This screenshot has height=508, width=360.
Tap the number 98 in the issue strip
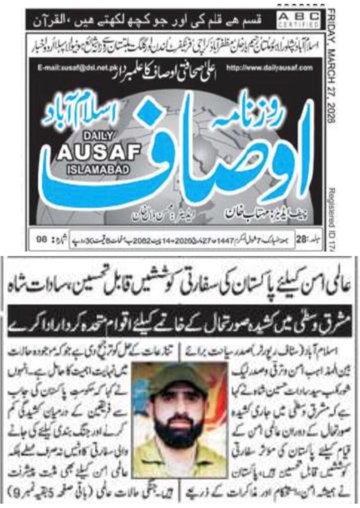[44, 239]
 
